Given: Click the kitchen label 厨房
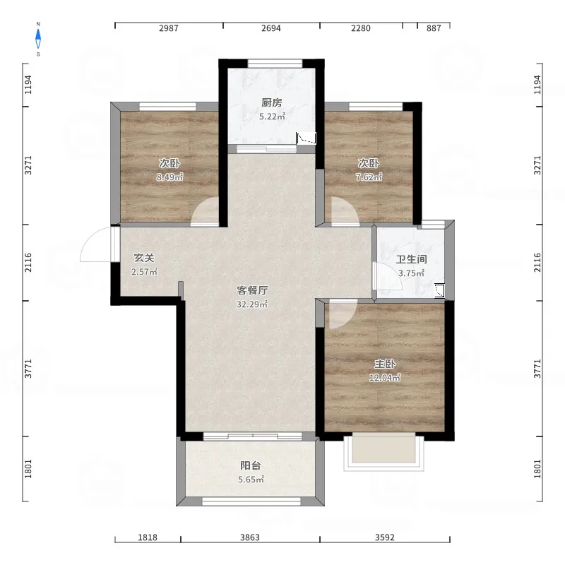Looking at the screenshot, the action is coord(272,102).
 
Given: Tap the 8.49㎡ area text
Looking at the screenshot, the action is coord(169,177).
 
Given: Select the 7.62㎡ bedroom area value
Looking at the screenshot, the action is coord(369,177).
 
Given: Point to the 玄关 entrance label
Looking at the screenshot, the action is coord(144,258).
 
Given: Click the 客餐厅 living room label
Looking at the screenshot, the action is coord(252,290).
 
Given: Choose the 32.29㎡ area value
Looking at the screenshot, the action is coord(252,304).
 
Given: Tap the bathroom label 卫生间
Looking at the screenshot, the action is coord(411,259).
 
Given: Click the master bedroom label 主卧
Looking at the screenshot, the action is coord(385,364).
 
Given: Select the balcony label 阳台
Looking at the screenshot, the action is coord(251,465).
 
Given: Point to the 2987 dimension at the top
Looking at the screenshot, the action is coord(169,28).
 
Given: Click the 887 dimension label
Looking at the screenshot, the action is coord(434,28).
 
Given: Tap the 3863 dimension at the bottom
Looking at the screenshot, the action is coord(250,537).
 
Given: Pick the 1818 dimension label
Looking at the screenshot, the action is coord(148,537).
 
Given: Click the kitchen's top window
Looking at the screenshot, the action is coord(275,64).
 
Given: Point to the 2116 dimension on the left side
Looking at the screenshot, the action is coord(28,263).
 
